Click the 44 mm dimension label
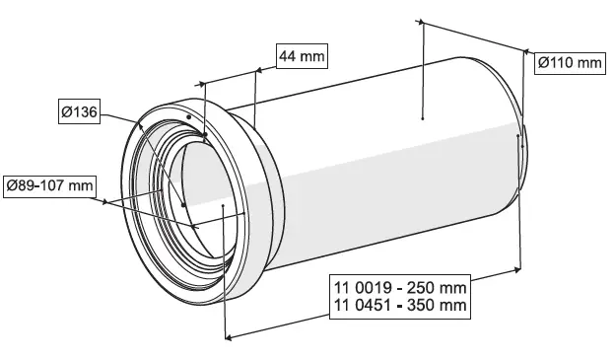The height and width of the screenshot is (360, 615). (x=301, y=57)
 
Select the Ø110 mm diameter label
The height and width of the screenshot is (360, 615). (x=569, y=64)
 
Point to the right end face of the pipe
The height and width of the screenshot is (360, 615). (x=520, y=148)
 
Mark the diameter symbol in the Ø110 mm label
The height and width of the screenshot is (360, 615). (x=543, y=64)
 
